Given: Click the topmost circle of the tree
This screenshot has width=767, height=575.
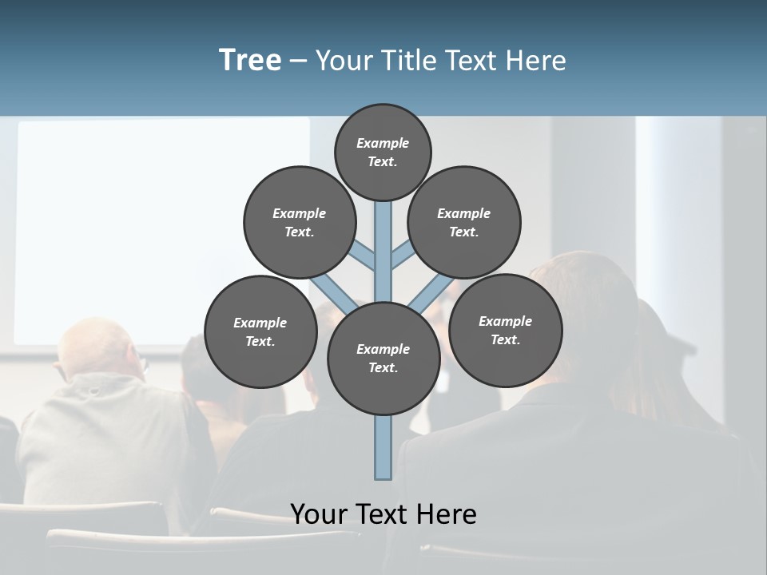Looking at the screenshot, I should point(383,153).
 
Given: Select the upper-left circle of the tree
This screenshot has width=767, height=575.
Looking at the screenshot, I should point(300,223).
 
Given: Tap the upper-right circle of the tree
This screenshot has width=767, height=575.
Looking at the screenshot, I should point(464,223).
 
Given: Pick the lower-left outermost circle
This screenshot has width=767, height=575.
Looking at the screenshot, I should point(260,332).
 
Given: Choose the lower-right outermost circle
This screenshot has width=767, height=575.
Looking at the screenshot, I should point(506,331).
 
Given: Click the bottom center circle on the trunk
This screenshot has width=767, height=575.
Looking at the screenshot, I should point(383,359).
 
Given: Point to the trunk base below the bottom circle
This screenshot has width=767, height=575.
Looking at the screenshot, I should point(383,447).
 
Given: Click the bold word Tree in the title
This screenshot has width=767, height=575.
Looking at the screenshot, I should point(250,60).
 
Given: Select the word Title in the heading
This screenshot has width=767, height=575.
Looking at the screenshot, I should point(407,61).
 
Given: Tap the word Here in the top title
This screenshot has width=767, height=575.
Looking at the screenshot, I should point(536,61).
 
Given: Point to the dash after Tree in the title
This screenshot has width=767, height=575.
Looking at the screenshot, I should point(298,61).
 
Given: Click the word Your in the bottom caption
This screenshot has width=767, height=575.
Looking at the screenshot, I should point(320,514).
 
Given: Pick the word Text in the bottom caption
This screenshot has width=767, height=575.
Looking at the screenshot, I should point(385,514).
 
